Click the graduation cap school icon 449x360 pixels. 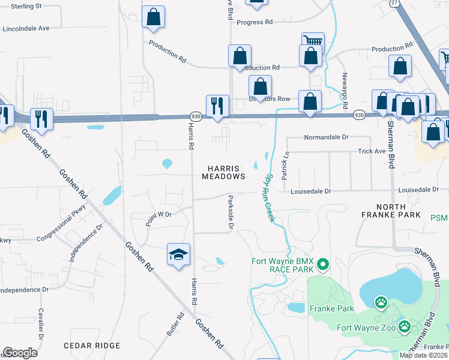click(179, 255)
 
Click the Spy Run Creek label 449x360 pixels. click(268, 198)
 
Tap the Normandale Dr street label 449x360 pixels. click(327, 137)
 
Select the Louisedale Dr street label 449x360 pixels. click(310, 191)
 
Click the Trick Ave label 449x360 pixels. click(371, 152)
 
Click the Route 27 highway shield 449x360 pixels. click(394, 4)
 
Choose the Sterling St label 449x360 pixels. click(21, 6)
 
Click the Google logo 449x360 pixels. click(20, 352)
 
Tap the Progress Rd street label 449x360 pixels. click(255, 22)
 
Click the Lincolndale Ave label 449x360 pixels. click(26, 28)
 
